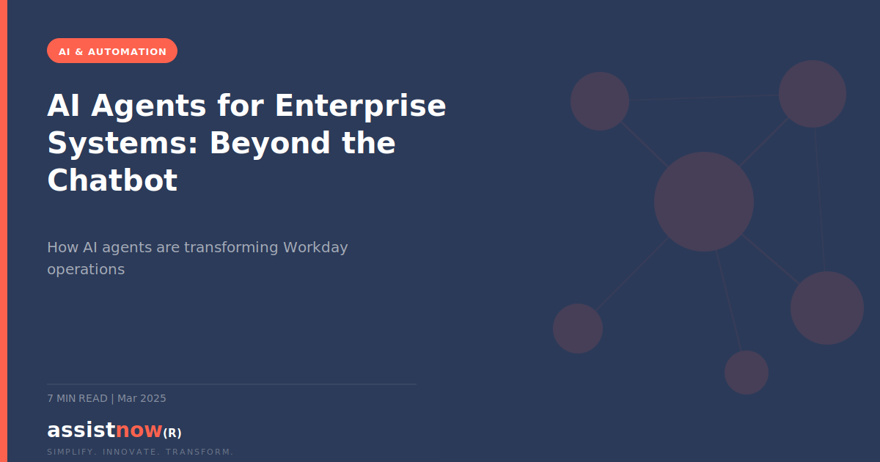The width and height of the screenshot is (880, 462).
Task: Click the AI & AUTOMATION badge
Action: (112, 51)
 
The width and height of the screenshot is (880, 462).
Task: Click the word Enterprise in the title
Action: (360, 106)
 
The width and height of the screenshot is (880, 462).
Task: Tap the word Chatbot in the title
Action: (112, 180)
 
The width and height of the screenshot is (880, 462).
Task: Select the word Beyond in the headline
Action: (272, 143)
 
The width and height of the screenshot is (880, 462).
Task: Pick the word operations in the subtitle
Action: (86, 269)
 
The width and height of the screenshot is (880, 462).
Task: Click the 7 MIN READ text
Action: (77, 398)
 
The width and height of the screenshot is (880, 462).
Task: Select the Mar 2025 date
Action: (142, 398)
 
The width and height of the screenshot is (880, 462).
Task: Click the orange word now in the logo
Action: (139, 430)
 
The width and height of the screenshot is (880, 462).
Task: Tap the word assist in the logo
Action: (81, 430)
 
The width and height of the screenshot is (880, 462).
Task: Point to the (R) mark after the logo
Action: (172, 433)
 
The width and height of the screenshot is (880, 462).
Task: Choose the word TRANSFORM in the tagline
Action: (199, 452)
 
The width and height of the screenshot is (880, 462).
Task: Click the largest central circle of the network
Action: (704, 202)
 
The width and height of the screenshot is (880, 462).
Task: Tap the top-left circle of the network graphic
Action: (600, 101)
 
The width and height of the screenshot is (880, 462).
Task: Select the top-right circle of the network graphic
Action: (813, 94)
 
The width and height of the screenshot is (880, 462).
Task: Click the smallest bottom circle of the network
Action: (747, 373)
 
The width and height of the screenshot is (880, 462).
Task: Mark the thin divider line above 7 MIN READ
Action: (231, 384)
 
